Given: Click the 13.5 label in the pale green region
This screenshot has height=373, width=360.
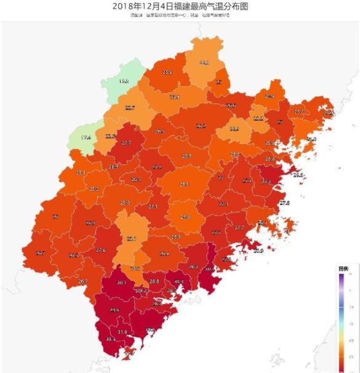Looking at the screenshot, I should click(x=124, y=81).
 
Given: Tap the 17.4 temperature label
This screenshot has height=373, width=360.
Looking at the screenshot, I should click(x=86, y=137).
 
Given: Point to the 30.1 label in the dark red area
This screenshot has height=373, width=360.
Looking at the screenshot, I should click(x=121, y=283).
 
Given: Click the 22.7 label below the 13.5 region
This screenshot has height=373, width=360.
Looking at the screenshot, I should click(x=129, y=108).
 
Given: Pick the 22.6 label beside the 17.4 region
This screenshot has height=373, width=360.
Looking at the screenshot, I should click(x=111, y=136).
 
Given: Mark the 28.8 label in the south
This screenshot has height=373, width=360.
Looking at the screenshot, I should click(x=154, y=281).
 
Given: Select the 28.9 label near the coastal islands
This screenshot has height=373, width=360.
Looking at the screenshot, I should click(x=258, y=251).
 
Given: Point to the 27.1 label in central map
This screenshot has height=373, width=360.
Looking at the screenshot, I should click(x=153, y=207).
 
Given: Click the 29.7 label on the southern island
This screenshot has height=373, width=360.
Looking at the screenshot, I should click(x=129, y=353).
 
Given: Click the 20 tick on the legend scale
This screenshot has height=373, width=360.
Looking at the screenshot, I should click(x=351, y=340).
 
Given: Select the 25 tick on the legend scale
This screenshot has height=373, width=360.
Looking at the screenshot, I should click(x=351, y=356).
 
